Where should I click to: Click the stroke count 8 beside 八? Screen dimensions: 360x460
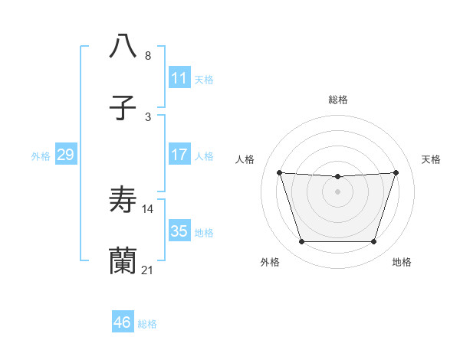pyautogui.click(x=148, y=56)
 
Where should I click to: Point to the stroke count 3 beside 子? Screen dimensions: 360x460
pyautogui.click(x=148, y=117)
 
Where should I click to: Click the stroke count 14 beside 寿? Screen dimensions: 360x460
pyautogui.click(x=148, y=208)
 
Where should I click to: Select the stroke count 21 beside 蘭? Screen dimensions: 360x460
pyautogui.click(x=148, y=270)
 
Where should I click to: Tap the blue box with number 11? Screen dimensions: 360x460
pyautogui.click(x=179, y=78)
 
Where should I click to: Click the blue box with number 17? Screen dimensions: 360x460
pyautogui.click(x=179, y=155)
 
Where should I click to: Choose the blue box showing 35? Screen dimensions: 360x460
pyautogui.click(x=179, y=231)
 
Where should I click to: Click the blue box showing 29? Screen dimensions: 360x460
pyautogui.click(x=65, y=155)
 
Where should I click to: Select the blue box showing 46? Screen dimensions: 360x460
pyautogui.click(x=122, y=323)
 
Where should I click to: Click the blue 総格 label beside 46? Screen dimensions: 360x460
pyautogui.click(x=147, y=324)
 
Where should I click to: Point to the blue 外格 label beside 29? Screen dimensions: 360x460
pyautogui.click(x=41, y=155)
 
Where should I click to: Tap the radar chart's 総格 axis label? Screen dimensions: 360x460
pyautogui.click(x=338, y=100)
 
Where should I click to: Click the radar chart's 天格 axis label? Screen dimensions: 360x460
pyautogui.click(x=431, y=159)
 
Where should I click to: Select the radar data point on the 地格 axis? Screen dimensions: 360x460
pyautogui.click(x=374, y=242)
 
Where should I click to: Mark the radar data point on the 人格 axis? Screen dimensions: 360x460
pyautogui.click(x=279, y=172)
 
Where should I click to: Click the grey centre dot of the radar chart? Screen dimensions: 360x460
pyautogui.click(x=338, y=191)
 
